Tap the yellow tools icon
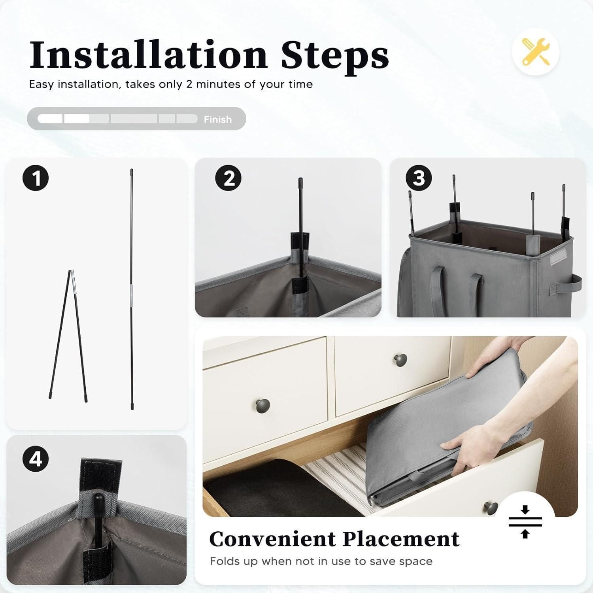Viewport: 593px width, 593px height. coord(536,52)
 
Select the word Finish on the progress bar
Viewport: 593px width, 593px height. coord(218,119)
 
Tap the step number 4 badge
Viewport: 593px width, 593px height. coord(36,459)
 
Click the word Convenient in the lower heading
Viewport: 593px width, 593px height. coord(272,539)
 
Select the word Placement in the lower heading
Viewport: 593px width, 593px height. coord(401,539)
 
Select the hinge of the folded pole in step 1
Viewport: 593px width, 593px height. coord(71,273)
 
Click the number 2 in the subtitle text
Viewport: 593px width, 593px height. coord(189,85)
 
